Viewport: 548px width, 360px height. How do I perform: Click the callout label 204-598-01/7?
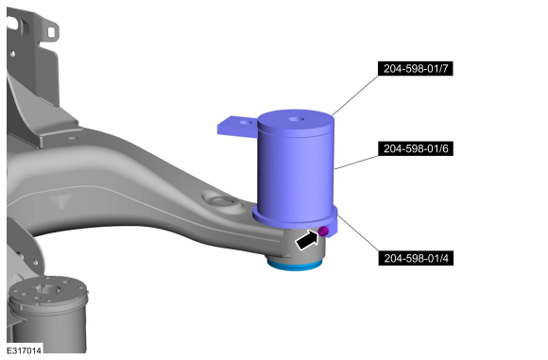(x=416, y=69)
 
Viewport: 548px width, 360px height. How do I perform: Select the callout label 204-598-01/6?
(x=416, y=148)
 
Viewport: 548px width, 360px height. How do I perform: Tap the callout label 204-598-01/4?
(x=416, y=258)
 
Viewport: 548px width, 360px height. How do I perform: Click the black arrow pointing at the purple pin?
(x=307, y=240)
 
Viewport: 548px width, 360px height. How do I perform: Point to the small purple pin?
(x=323, y=231)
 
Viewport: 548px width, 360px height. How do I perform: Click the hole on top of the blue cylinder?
(x=297, y=120)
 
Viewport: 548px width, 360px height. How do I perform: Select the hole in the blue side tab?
(x=247, y=123)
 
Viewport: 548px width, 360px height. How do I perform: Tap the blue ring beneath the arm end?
(x=294, y=265)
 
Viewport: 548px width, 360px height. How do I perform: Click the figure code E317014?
(x=25, y=351)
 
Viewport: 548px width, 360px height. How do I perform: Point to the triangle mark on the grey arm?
(x=61, y=201)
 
